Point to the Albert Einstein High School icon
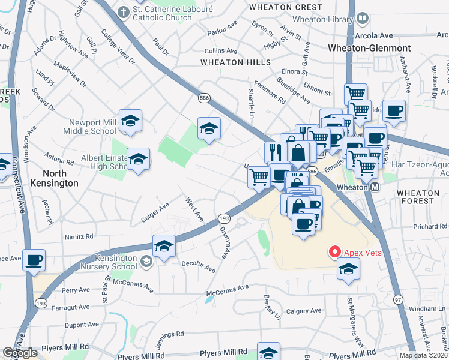(139, 160)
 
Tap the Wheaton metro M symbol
(375, 187)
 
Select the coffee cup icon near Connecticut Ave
(34, 260)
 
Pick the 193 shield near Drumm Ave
(223, 219)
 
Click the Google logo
(20, 353)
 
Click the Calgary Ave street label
(304, 311)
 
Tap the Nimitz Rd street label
(80, 237)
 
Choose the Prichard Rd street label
(430, 226)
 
